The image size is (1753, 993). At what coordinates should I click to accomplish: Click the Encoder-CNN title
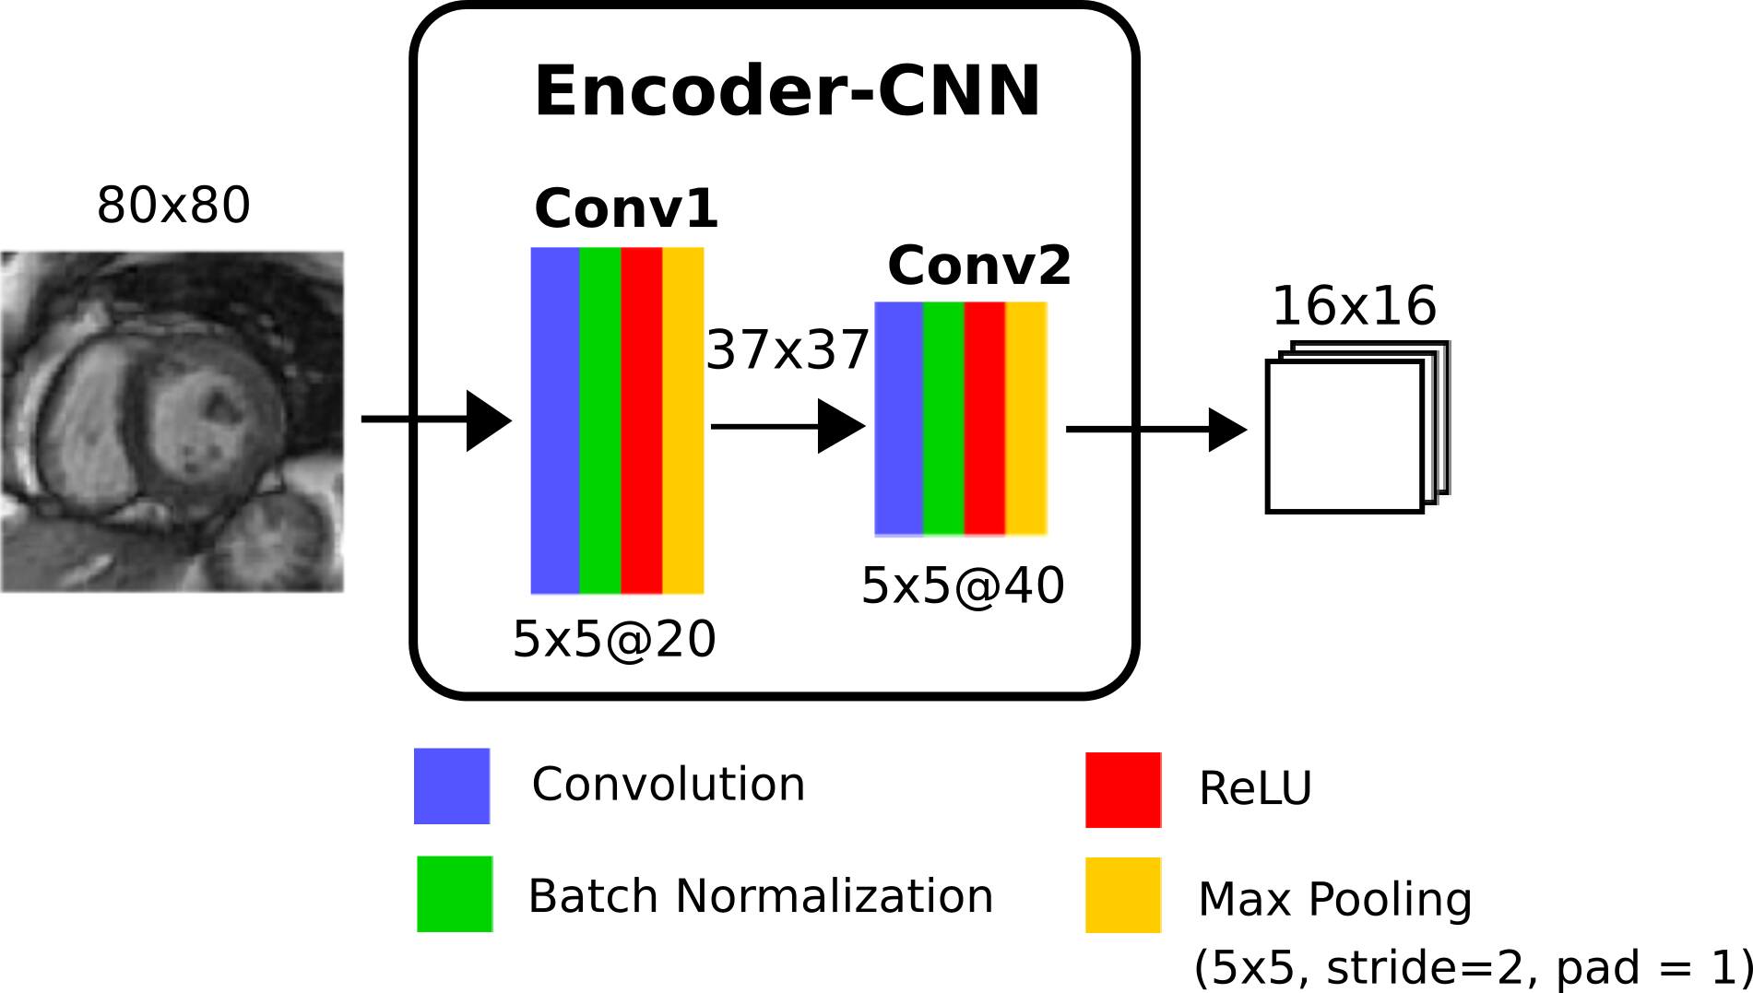(x=787, y=92)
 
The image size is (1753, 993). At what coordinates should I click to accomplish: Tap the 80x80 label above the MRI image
(x=173, y=205)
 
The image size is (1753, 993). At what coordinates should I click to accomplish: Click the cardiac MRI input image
(x=172, y=421)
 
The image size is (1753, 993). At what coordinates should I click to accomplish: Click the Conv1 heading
(x=626, y=208)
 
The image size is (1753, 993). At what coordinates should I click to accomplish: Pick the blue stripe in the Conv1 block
(x=554, y=420)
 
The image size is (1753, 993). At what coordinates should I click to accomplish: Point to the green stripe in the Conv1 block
(x=599, y=420)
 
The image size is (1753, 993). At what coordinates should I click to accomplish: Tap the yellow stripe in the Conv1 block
(x=682, y=420)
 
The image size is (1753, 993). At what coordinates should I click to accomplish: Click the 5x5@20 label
(x=614, y=639)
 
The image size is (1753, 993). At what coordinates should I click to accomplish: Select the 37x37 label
(x=788, y=350)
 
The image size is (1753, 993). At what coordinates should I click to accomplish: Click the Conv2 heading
(x=979, y=266)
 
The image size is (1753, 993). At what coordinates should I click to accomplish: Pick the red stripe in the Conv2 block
(x=984, y=418)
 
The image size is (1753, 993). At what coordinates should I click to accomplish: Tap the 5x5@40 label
(x=963, y=585)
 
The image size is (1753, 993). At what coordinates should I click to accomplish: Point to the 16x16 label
(x=1354, y=306)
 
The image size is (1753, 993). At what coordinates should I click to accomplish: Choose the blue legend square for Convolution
(x=452, y=786)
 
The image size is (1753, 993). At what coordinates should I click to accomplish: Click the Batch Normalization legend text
(x=760, y=895)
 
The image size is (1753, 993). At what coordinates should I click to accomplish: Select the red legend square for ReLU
(x=1122, y=789)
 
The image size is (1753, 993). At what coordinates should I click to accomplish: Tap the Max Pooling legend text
(x=1334, y=899)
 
